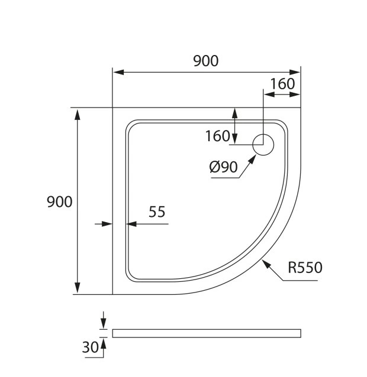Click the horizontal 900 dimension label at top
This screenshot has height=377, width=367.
206,61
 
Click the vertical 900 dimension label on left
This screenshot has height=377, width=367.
59,201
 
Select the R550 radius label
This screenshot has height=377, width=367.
305,267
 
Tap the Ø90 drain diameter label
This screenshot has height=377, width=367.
224,167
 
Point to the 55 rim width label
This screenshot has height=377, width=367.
157,212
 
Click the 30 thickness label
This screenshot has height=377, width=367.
91,347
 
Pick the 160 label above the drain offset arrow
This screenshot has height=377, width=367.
282,84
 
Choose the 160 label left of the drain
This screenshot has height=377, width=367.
218,136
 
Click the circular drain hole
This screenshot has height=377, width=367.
263,145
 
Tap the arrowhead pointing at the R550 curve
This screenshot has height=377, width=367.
266,265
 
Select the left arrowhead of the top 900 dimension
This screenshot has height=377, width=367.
119,72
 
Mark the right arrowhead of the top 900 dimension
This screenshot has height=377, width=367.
295,72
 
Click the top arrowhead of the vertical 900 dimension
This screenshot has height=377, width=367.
78,115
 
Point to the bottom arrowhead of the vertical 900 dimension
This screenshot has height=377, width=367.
78,288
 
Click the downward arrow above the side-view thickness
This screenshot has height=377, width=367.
104,320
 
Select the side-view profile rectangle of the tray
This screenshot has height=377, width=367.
207,333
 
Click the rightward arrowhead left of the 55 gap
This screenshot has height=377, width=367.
107,224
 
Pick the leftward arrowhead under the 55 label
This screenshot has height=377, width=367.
131,224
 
